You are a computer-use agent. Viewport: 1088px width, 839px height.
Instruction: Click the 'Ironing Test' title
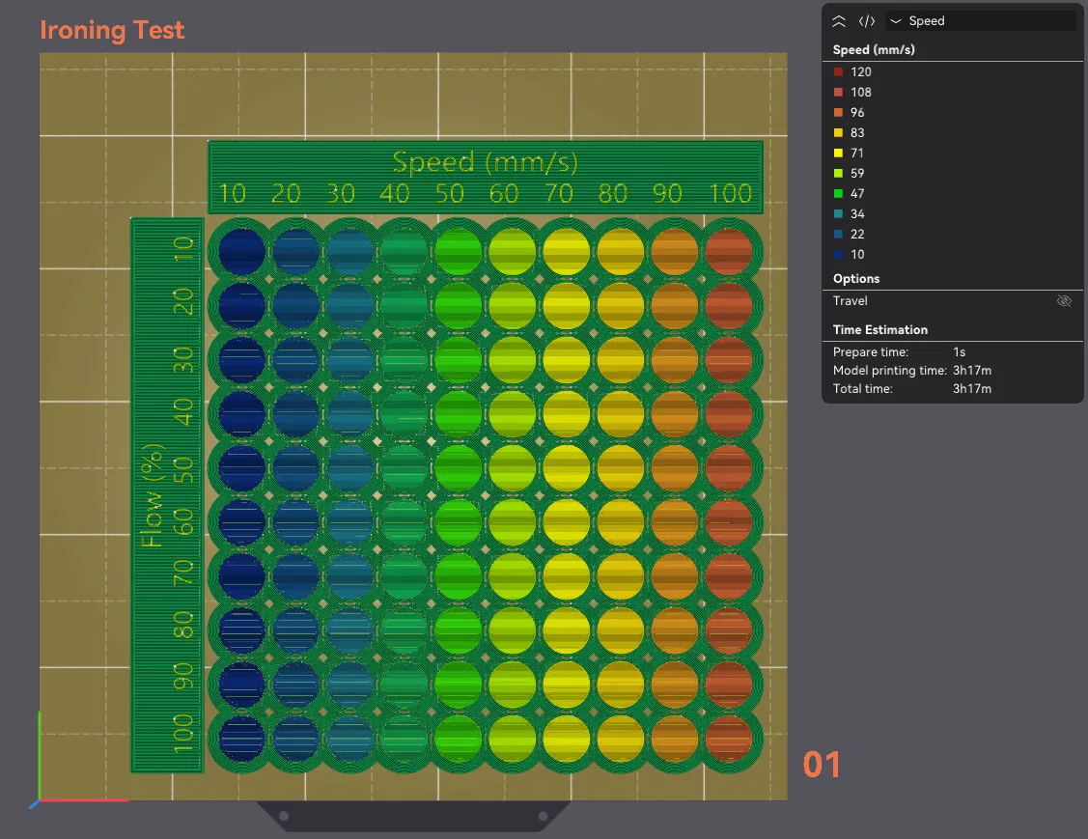tap(112, 30)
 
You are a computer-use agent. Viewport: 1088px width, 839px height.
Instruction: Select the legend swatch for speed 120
tap(838, 71)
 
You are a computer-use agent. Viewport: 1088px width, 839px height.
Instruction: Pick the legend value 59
tap(857, 174)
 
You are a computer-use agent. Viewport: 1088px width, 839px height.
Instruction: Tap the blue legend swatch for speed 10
tap(838, 254)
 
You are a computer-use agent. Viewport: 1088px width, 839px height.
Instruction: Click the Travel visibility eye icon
tap(1064, 301)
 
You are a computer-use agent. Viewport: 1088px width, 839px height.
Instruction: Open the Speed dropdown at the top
tap(980, 21)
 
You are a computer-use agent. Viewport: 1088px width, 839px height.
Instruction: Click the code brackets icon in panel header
tap(867, 21)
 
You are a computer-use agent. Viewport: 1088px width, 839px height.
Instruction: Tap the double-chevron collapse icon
tap(839, 21)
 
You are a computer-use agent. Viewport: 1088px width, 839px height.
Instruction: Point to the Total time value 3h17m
tap(971, 389)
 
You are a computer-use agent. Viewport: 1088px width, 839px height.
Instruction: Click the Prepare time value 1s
tap(959, 351)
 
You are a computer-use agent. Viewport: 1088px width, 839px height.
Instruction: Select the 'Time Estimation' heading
tap(879, 329)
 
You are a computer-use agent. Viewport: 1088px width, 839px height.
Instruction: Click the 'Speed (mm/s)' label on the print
tap(485, 162)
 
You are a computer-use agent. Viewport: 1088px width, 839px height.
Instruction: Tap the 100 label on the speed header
tap(730, 193)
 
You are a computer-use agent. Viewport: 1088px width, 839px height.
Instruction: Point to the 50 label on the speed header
tap(449, 193)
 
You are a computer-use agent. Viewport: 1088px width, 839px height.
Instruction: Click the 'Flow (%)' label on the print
tap(152, 494)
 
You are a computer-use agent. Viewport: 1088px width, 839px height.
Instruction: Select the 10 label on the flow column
tap(183, 248)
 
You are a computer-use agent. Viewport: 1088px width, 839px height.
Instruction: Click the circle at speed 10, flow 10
tap(241, 251)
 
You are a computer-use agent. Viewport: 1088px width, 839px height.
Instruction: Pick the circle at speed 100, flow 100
tap(729, 739)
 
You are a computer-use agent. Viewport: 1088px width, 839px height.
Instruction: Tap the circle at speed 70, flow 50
tap(566, 467)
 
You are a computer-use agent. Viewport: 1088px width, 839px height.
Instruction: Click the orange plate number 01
tap(822, 765)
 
